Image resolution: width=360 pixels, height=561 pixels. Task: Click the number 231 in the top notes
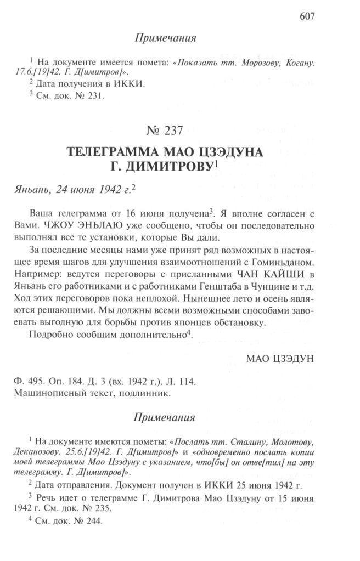94,95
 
